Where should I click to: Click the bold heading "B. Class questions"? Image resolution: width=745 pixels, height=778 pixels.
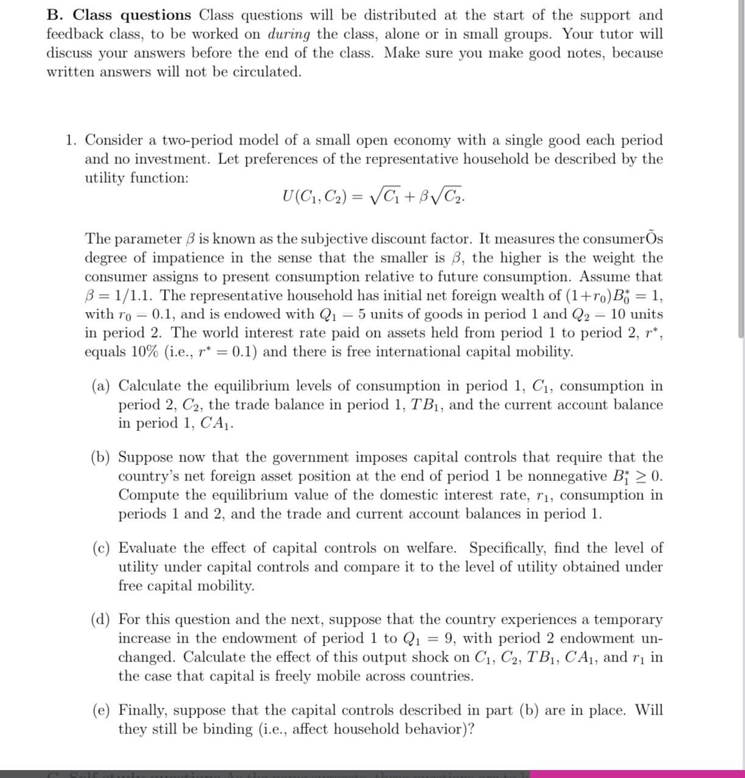coord(119,15)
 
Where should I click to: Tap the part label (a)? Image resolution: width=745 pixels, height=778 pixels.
coord(101,387)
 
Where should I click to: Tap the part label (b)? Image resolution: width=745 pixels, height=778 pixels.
coord(101,458)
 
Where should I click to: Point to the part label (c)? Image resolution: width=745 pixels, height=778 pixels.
coord(101,548)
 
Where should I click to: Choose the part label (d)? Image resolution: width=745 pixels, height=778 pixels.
coord(101,620)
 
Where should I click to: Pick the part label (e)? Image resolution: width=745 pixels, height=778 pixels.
coord(101,710)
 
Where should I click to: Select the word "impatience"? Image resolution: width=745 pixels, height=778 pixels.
coord(190,258)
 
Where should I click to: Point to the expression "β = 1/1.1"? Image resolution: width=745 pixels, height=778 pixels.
coord(119,296)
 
